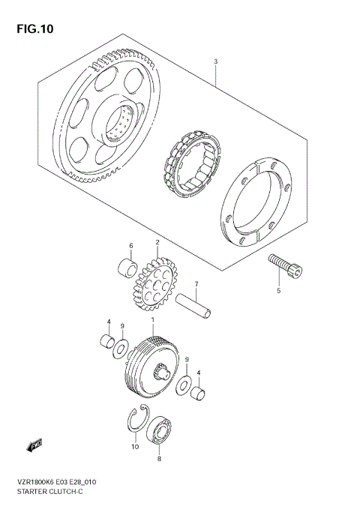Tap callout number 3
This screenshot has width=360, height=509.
pyautogui.click(x=215, y=61)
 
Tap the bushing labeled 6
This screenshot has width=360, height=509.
pyautogui.click(x=127, y=268)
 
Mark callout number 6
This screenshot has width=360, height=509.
pyautogui.click(x=130, y=246)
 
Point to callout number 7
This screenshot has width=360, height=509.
pyautogui.click(x=196, y=285)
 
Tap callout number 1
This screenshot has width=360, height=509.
pyautogui.click(x=152, y=321)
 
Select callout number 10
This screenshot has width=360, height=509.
pyautogui.click(x=135, y=448)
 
